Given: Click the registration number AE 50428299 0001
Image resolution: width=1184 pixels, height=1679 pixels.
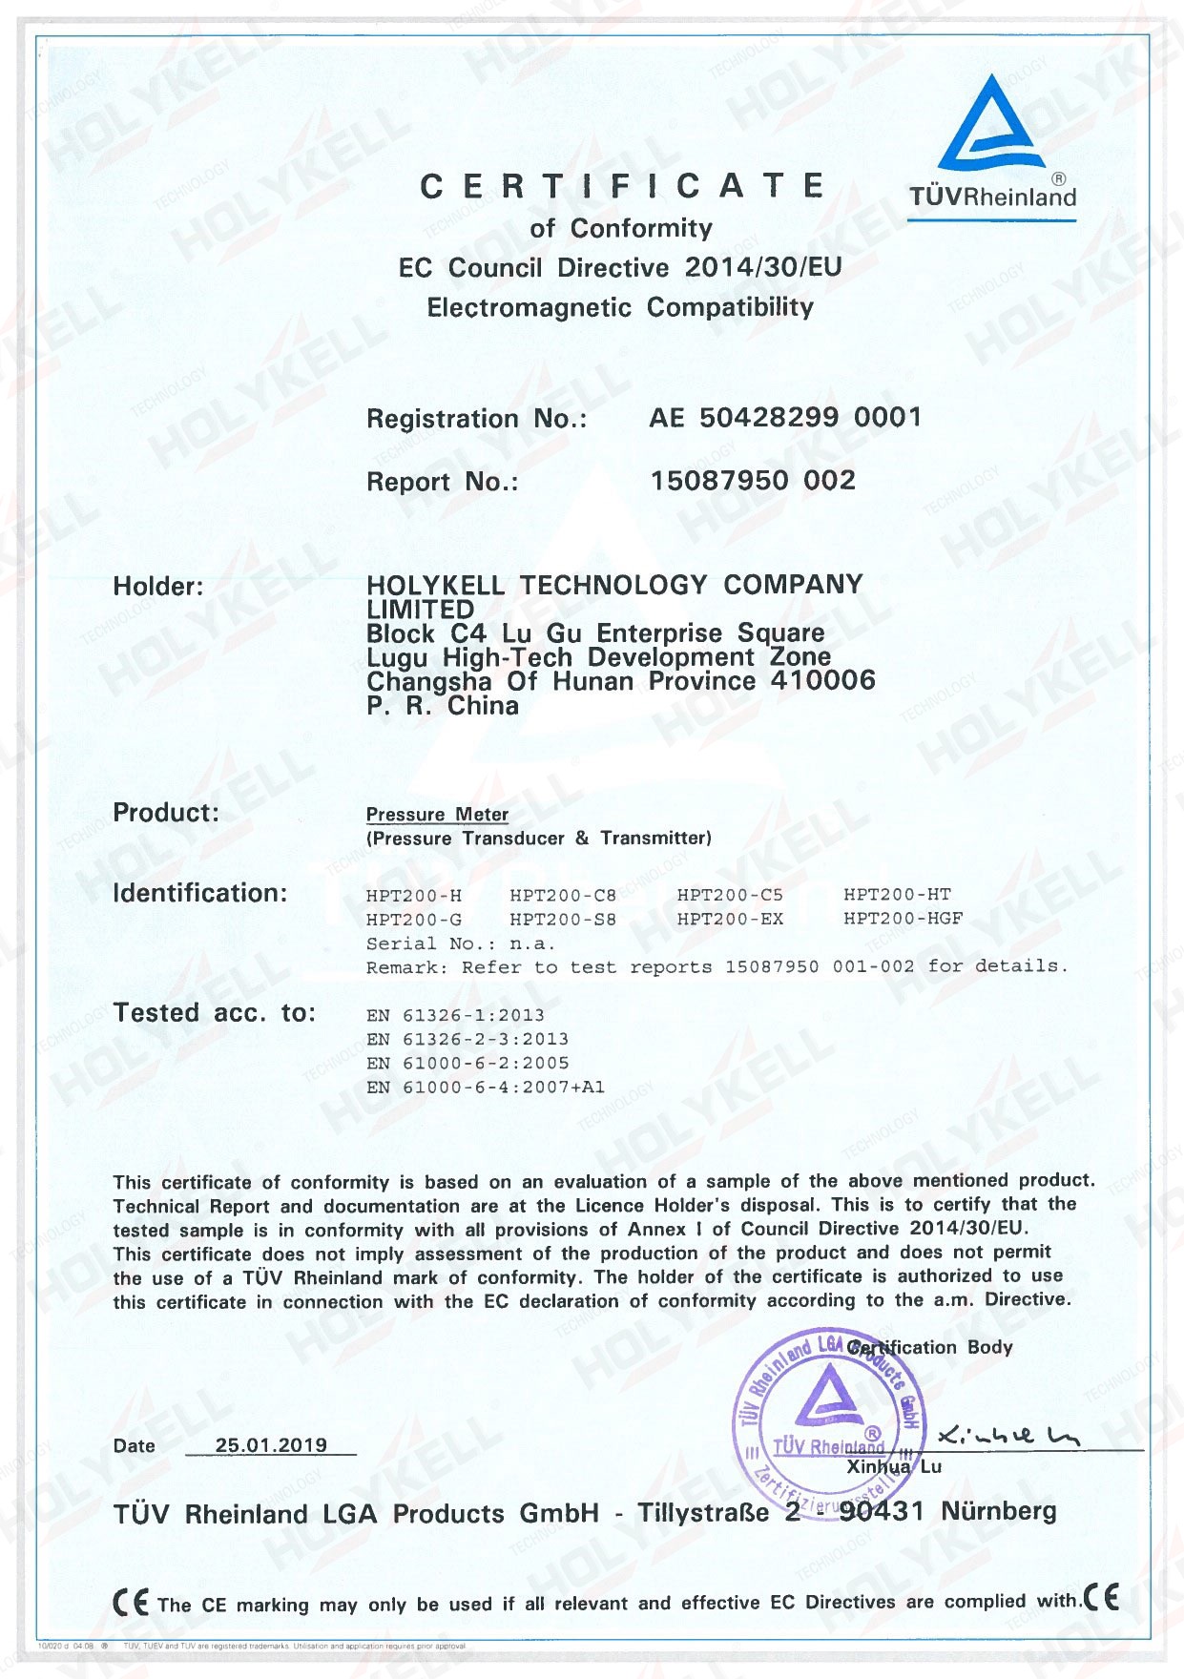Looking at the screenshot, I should tap(785, 418).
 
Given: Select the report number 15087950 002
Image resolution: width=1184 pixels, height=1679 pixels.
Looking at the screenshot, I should tap(753, 481).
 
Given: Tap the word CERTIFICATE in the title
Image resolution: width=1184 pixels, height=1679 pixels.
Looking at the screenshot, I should tap(622, 186).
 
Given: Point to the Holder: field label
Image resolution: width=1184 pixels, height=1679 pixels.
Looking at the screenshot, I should tap(158, 586).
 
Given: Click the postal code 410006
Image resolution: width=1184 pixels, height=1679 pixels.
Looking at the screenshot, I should tap(827, 681).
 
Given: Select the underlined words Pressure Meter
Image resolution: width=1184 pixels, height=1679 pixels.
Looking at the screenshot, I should tap(437, 815).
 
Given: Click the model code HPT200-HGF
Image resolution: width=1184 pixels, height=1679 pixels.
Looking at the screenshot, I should tap(903, 919).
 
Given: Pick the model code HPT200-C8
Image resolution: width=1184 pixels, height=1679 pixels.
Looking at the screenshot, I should tap(563, 895).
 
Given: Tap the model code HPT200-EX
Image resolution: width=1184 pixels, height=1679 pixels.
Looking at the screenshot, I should tap(730, 919).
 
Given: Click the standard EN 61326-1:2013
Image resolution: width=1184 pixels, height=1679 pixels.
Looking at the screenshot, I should tap(455, 1015).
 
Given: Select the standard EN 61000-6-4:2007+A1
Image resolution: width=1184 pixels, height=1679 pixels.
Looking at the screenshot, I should tap(485, 1087).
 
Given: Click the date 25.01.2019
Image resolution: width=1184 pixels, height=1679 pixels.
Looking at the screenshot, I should tap(271, 1445).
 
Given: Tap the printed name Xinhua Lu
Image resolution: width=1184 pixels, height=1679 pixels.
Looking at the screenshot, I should tap(894, 1467).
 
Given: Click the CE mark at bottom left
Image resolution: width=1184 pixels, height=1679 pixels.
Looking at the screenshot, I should tap(131, 1602).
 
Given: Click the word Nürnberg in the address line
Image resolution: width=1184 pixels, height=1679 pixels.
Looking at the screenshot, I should tap(999, 1511).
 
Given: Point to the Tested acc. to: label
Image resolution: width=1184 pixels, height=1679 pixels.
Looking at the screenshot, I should tap(214, 1013).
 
